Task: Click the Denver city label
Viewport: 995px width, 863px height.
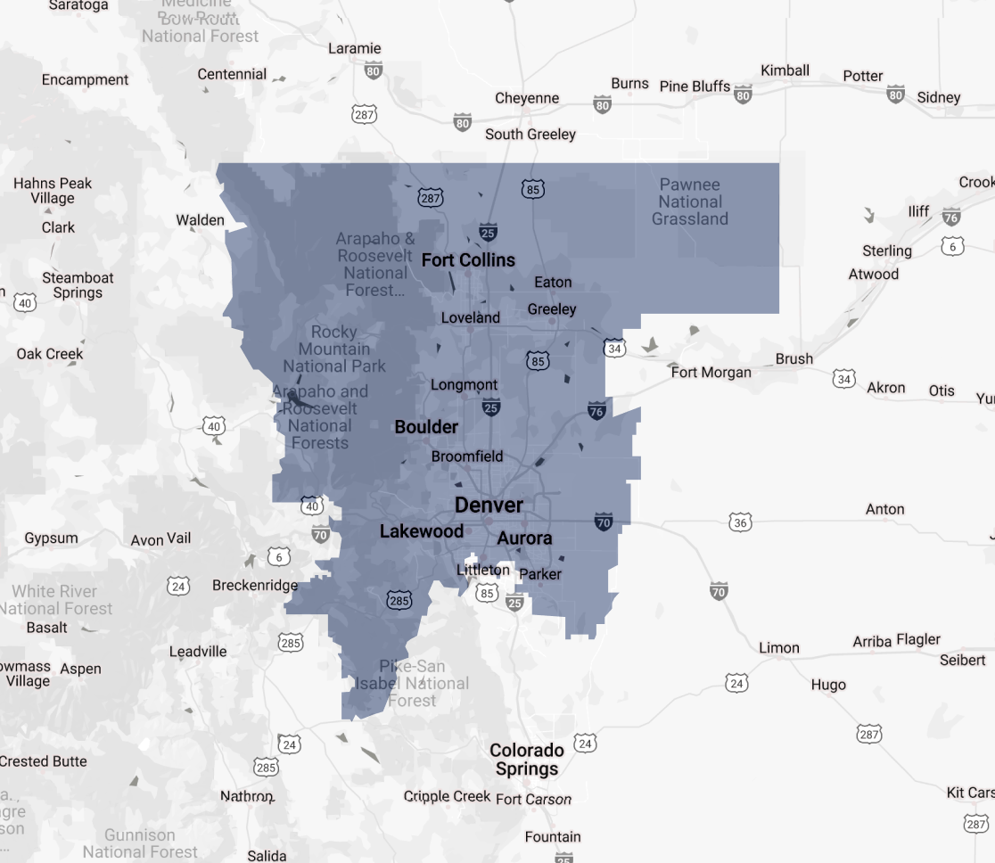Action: pyautogui.click(x=489, y=505)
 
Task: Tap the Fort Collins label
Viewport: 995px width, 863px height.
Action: pyautogui.click(x=468, y=260)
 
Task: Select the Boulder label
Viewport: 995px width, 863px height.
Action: pyautogui.click(x=426, y=427)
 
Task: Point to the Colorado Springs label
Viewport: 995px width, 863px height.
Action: pyautogui.click(x=527, y=760)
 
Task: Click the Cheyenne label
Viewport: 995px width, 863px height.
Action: pyautogui.click(x=527, y=98)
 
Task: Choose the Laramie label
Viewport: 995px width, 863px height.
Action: pyautogui.click(x=354, y=49)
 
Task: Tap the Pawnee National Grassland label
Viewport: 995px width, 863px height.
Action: pyautogui.click(x=690, y=201)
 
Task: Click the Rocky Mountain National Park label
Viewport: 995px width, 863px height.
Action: pyautogui.click(x=334, y=349)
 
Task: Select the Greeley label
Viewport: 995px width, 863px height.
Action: pyautogui.click(x=552, y=309)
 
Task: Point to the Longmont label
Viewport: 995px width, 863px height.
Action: pyautogui.click(x=464, y=385)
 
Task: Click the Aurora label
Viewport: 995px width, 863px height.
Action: pyautogui.click(x=524, y=538)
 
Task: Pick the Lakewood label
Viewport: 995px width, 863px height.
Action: pyautogui.click(x=422, y=531)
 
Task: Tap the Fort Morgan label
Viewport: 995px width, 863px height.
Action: pyautogui.click(x=711, y=372)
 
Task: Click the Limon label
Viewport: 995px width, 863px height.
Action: pyautogui.click(x=778, y=648)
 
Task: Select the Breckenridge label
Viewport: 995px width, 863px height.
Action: pyautogui.click(x=255, y=586)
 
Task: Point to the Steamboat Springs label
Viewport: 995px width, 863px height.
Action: pyautogui.click(x=78, y=285)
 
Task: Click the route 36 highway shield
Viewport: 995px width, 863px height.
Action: pyautogui.click(x=739, y=522)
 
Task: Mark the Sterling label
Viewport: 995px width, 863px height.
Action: pyautogui.click(x=887, y=251)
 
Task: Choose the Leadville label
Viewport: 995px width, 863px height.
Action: pyautogui.click(x=198, y=652)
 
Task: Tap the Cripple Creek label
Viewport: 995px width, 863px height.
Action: pyautogui.click(x=447, y=796)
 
